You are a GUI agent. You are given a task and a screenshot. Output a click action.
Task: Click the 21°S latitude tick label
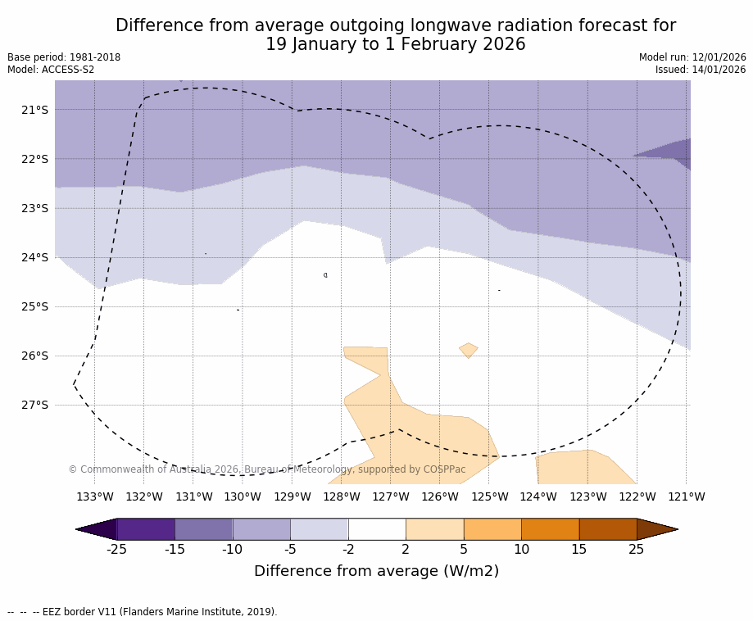tap(34, 110)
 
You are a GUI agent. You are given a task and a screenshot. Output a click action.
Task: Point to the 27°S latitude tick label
tap(34, 405)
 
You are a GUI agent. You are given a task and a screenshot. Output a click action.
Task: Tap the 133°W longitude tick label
tap(94, 496)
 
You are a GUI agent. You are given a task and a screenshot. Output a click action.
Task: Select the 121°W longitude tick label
tap(686, 496)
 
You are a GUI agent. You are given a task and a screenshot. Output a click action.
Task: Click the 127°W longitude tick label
tap(390, 496)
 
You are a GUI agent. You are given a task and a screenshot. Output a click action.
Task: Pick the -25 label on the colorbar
tap(116, 549)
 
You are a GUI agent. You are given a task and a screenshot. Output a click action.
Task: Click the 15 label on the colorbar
tap(578, 549)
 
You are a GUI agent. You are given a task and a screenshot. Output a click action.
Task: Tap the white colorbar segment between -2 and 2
tap(377, 529)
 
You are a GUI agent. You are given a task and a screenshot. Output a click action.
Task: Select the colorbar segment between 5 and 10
tap(492, 529)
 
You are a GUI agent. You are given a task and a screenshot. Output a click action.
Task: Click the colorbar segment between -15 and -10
tap(203, 529)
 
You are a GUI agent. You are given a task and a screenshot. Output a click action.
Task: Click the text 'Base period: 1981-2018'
tap(64, 57)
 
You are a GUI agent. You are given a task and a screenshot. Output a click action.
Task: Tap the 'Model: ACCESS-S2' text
tap(51, 70)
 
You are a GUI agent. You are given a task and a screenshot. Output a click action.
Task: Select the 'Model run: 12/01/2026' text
tap(692, 57)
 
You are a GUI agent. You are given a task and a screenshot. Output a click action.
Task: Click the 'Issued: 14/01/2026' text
tap(701, 70)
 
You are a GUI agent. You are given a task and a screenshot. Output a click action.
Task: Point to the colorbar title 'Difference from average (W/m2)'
tap(376, 571)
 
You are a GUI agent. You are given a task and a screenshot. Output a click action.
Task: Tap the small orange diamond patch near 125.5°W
tap(469, 350)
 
